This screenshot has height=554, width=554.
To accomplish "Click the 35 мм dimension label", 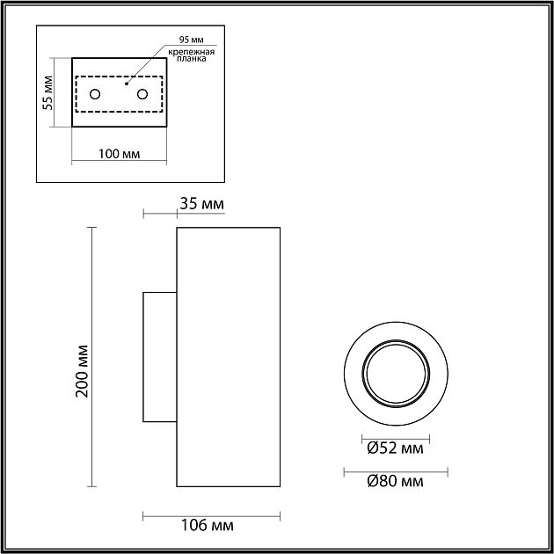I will click(x=202, y=204).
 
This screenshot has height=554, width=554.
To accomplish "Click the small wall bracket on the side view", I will click(x=160, y=357).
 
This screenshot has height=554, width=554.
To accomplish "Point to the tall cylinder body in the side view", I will click(x=229, y=357).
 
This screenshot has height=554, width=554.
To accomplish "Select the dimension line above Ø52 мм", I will click(x=395, y=436).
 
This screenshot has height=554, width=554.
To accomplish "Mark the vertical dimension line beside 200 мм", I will click(x=94, y=357).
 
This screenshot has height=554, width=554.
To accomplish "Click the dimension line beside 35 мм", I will click(x=160, y=215).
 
